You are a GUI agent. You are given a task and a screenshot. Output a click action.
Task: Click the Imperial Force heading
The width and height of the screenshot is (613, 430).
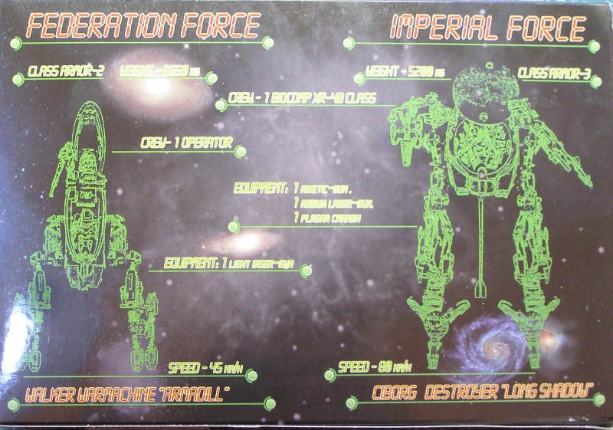(488, 28)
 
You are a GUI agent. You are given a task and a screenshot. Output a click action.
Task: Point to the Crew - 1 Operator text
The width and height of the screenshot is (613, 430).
(185, 143)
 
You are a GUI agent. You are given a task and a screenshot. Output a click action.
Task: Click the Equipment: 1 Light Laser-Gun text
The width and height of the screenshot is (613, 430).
(231, 263)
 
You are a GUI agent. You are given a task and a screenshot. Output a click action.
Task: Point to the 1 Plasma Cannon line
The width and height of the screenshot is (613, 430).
(329, 218)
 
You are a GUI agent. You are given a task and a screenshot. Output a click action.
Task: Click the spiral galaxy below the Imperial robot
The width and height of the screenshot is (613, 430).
(491, 341)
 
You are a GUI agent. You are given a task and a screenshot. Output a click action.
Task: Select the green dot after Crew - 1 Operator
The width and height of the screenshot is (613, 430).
(241, 152)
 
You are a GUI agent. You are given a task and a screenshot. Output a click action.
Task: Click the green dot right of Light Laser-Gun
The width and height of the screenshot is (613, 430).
(306, 271)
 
